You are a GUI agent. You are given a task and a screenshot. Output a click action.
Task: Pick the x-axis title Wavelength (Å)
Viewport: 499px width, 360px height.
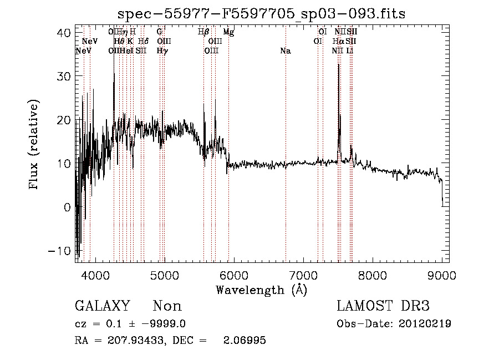[261, 290]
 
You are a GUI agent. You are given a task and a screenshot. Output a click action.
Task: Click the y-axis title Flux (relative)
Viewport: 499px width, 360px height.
[34, 145]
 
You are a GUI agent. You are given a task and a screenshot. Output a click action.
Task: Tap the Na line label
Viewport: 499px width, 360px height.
[286, 51]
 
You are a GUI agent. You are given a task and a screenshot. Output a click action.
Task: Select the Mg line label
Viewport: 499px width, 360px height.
[228, 32]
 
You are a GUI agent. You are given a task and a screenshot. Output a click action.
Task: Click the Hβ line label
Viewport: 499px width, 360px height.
[203, 32]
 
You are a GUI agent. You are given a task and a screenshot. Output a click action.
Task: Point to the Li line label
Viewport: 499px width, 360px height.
[350, 51]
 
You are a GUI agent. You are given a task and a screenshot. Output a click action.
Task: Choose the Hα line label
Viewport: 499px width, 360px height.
[338, 42]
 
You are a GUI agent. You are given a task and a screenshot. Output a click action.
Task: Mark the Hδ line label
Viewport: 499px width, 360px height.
[143, 42]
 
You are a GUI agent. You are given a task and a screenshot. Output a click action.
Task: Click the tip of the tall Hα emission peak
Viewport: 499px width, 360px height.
[338, 64]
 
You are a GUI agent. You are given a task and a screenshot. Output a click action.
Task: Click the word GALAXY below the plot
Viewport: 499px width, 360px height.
[102, 306]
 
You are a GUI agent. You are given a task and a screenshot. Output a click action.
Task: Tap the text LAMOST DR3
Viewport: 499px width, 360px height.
[383, 306]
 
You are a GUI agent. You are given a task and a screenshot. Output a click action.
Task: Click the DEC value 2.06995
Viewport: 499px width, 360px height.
[246, 341]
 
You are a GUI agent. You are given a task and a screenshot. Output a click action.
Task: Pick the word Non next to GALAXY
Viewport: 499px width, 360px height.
[167, 306]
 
